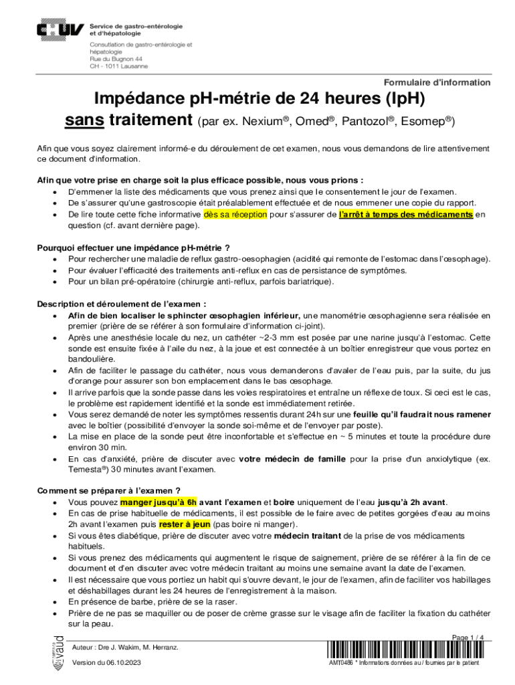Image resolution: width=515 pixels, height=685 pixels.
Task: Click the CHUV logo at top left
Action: coord(60,30)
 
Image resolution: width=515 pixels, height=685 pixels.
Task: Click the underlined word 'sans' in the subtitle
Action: coord(84,120)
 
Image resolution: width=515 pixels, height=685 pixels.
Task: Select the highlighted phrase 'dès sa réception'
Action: coord(235,215)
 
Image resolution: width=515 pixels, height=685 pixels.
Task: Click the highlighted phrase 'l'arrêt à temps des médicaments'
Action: coord(406,215)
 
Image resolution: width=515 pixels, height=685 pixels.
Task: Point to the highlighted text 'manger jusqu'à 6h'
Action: coord(159,502)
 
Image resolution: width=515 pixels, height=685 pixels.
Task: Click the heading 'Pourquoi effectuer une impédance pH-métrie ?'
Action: coord(134,248)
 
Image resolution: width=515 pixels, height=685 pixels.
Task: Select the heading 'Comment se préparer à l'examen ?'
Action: coord(109,490)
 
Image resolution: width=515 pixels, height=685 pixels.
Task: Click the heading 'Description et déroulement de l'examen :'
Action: coord(126,304)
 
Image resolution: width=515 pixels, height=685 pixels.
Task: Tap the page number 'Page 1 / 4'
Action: coord(468,638)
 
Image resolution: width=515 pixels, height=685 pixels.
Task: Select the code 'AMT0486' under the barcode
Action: coord(340,664)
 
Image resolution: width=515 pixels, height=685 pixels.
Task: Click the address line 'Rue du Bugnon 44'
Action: coord(116,59)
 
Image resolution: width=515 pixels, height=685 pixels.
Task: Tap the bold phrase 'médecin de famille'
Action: coord(292,459)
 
